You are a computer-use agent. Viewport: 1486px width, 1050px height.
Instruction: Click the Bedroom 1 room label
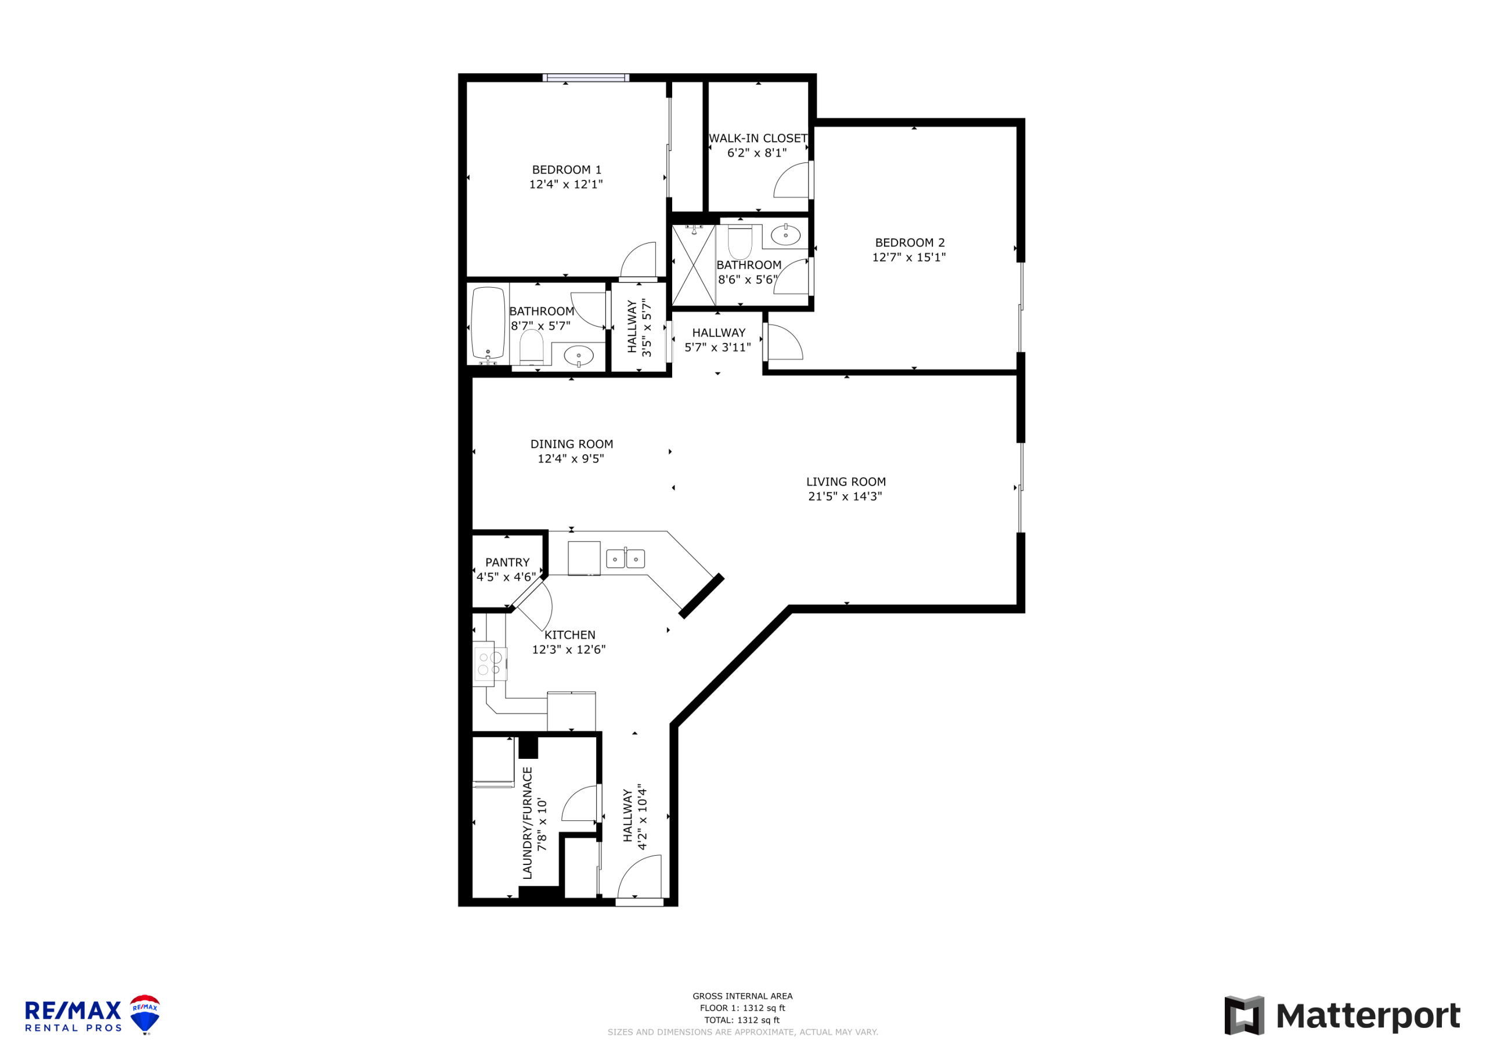(x=567, y=169)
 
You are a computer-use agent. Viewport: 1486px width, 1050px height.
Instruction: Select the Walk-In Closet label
(x=758, y=139)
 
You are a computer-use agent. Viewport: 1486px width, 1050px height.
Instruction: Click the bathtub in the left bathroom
(x=488, y=324)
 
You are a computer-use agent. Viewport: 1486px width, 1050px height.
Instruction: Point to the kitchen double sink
(x=625, y=558)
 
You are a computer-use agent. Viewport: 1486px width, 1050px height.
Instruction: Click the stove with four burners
(x=490, y=664)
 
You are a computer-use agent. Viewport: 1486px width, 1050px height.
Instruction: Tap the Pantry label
(x=507, y=563)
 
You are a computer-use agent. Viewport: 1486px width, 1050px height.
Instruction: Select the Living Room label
(x=846, y=482)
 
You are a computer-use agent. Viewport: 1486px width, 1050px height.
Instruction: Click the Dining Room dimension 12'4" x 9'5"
(x=571, y=459)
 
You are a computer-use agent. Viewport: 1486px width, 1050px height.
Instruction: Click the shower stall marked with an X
(x=694, y=265)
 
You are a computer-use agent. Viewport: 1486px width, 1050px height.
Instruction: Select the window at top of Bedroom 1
(x=586, y=78)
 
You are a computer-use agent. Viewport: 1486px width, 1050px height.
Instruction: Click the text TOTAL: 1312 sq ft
(x=742, y=1020)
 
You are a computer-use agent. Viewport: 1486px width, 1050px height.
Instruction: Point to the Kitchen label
(x=569, y=635)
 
